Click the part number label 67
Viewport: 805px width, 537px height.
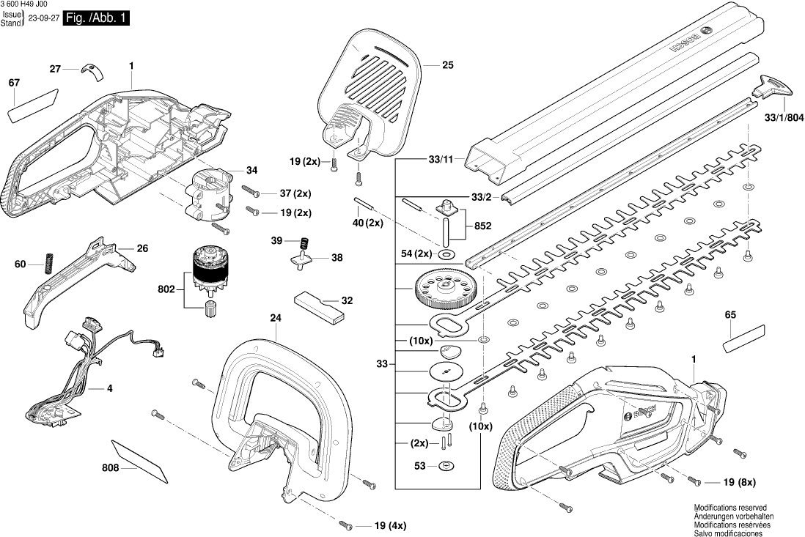coord(14,83)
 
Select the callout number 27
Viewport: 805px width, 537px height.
coord(55,69)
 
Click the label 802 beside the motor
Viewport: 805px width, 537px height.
coord(166,290)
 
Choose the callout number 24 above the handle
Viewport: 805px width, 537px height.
coord(276,318)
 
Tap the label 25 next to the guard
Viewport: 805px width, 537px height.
coord(448,65)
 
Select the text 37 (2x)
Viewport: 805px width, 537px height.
coord(295,193)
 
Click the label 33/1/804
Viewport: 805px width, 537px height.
coord(784,117)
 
